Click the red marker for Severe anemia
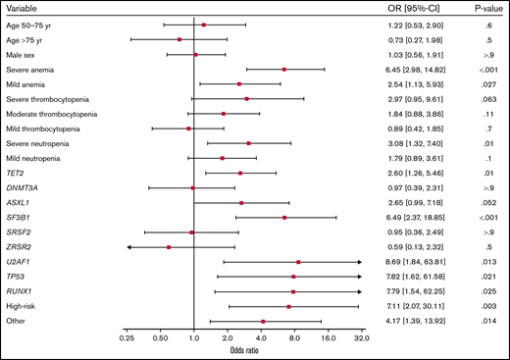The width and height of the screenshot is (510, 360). [284, 70]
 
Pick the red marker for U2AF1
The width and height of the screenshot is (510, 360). [298, 262]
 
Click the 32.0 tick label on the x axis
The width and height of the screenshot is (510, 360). [361, 338]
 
